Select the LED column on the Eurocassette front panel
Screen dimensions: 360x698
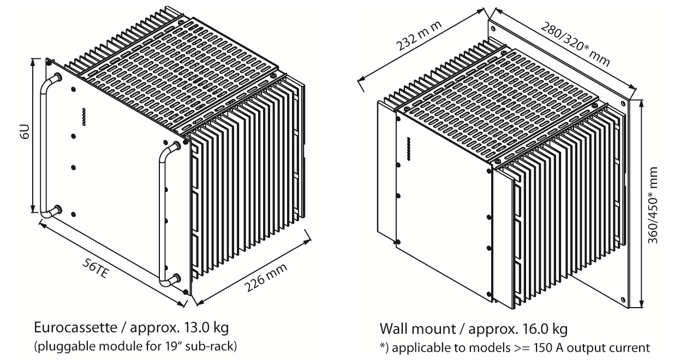[83, 117]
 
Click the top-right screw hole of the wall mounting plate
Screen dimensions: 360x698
[625, 103]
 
